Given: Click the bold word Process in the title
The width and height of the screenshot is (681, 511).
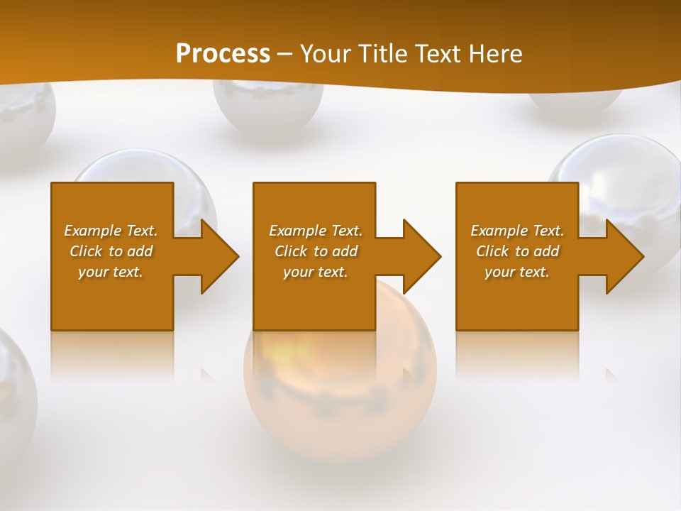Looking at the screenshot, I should (223, 54).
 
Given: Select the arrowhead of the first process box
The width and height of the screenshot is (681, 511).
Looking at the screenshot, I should (217, 256).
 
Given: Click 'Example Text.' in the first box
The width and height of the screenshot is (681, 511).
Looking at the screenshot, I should (111, 231).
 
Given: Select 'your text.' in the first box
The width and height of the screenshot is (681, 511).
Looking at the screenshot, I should (111, 272).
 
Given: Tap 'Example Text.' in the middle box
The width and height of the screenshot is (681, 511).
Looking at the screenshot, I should (315, 231).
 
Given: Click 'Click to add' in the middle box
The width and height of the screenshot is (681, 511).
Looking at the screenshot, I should (315, 251).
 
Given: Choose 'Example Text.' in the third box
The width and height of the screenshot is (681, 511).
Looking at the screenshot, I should (517, 231).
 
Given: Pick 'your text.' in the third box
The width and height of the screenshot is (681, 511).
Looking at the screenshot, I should (517, 272).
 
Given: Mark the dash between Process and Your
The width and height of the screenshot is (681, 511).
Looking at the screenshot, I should (285, 54).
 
